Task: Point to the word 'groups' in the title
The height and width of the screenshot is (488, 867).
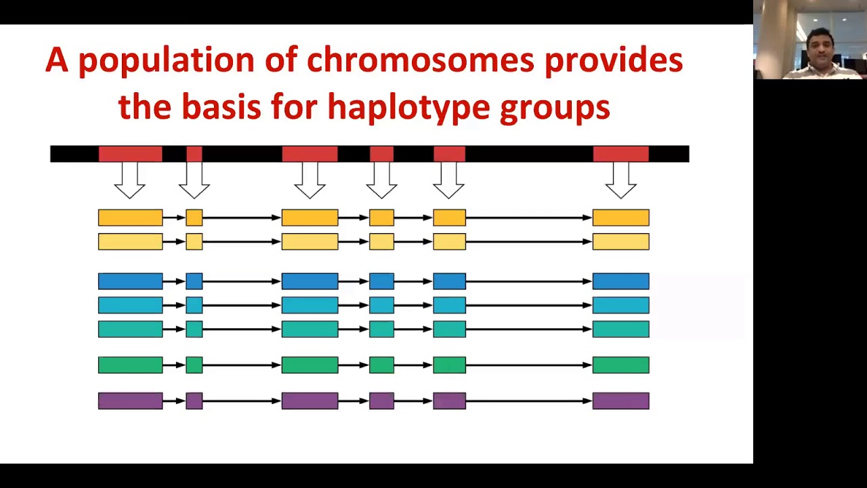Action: [555, 107]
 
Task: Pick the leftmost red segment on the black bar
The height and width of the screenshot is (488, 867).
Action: [130, 154]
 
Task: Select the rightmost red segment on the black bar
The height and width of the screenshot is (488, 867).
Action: [620, 154]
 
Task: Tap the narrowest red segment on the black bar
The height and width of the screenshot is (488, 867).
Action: [194, 154]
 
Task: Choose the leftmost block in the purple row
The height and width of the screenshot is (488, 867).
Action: [130, 401]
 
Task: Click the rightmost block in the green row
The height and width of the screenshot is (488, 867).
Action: [620, 365]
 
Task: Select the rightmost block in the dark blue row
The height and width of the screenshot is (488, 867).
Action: [620, 281]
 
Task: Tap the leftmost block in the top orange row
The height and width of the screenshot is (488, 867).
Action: [130, 218]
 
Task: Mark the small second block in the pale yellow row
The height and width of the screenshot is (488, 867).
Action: [194, 241]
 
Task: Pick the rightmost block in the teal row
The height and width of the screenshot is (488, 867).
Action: [620, 329]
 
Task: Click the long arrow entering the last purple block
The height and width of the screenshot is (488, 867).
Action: [528, 401]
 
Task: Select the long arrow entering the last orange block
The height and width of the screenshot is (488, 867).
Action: [528, 218]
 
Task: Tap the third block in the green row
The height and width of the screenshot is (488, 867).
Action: [310, 365]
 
